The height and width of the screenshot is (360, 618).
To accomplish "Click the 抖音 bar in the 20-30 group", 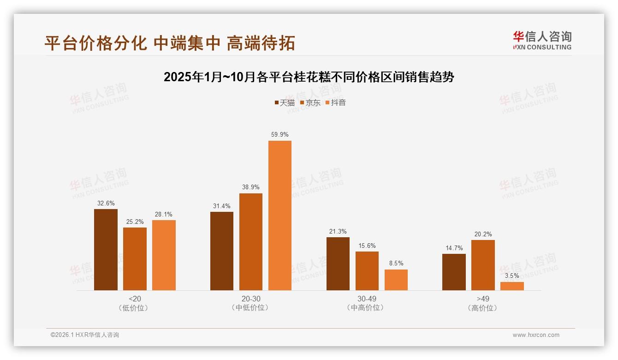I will [x=279, y=216].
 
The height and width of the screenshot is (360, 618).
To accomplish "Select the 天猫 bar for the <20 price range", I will [x=106, y=250].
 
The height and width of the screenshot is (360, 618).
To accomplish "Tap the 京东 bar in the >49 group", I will [x=483, y=265].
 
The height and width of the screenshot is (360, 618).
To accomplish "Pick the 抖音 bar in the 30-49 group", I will [x=396, y=280].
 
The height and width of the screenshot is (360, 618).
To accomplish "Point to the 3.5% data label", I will [x=512, y=276].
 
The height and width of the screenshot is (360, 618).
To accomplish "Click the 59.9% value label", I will [x=279, y=135].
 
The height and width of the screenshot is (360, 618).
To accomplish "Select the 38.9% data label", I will [x=250, y=187].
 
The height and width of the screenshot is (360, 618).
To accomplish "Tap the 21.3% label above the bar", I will [x=338, y=232].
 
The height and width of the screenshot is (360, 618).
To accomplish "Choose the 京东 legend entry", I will [x=310, y=103].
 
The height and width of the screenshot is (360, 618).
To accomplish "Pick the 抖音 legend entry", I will [x=335, y=103].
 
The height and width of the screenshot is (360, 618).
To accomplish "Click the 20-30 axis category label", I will [x=250, y=299].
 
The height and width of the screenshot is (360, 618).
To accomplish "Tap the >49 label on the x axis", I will [x=483, y=299].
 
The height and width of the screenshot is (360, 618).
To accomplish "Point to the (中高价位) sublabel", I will [x=367, y=308].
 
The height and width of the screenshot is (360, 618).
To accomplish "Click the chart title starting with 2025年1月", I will [x=309, y=77].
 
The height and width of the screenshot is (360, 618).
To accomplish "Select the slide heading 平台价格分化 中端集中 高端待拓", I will [x=169, y=43].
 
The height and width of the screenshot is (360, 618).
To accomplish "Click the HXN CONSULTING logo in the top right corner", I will [x=542, y=40].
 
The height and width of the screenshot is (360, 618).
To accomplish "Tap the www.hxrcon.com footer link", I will [x=535, y=335].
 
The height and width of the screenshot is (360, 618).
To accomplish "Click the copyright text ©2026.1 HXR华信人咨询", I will [x=85, y=335].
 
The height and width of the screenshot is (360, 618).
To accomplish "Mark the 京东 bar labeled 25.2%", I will [x=135, y=259].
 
